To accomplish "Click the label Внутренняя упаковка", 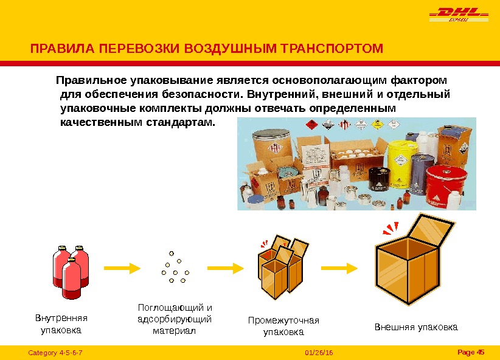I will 61,324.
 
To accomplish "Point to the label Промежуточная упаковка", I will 283,327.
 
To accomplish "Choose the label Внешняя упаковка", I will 416,327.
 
